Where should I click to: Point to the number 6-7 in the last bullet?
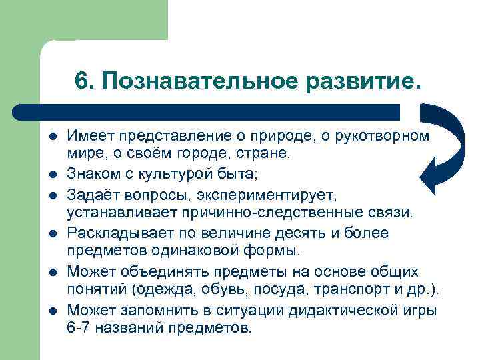79,328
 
